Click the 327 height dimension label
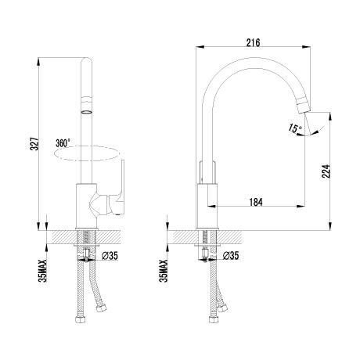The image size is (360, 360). point(34,143)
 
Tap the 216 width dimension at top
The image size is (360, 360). point(253,42)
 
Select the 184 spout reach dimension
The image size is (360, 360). point(256,202)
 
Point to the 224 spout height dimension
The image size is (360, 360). point(326,171)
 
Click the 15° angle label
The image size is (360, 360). point(295,128)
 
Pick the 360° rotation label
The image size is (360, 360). point(63,143)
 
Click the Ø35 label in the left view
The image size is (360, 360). point(110,256)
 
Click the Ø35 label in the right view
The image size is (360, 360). point(231,256)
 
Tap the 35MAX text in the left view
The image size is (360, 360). point(42,271)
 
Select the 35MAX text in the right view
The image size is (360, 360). point(164,271)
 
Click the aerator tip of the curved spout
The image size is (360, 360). point(304,105)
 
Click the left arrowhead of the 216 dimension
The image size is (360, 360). point(200,47)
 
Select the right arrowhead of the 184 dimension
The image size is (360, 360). point(301,207)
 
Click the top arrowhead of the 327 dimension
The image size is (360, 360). point(38,61)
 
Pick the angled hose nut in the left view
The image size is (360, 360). point(101,308)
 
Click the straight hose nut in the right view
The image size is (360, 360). point(214,319)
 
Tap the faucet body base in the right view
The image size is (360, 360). point(207,207)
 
